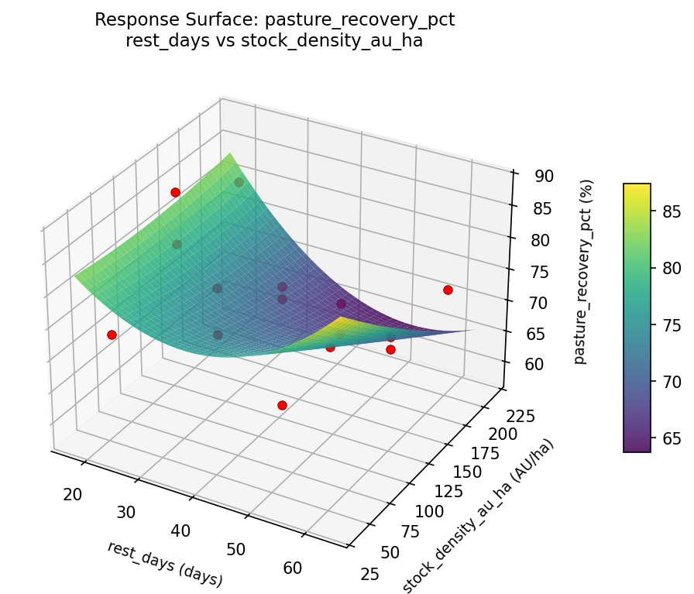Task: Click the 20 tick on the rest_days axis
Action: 72,495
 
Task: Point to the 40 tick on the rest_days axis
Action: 180,530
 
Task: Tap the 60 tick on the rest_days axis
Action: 293,568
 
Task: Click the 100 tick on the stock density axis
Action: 431,512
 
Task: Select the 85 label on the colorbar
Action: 673,211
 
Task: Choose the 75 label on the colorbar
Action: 673,325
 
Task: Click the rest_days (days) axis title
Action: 165,563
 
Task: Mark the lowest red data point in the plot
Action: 282,405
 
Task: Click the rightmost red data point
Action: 448,290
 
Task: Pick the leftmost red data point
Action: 112,335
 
